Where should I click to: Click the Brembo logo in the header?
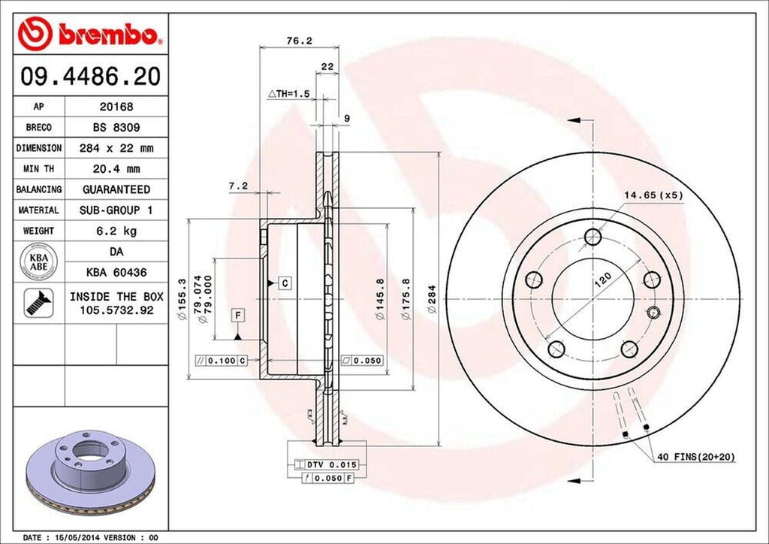[89, 33]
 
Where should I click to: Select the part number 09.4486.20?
[89, 76]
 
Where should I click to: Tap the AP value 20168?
[116, 107]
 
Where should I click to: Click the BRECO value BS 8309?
[116, 128]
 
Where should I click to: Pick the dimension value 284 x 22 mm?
[116, 148]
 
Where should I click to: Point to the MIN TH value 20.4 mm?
[116, 169]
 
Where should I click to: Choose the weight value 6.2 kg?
[116, 231]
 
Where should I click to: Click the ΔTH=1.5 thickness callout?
[289, 94]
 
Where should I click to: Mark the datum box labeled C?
[285, 283]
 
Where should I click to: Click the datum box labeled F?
[238, 314]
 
